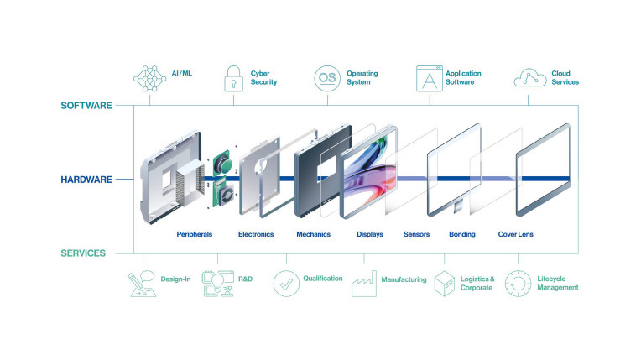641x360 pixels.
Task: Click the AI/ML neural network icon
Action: tap(149, 79)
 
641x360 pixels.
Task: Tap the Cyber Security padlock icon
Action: tap(233, 79)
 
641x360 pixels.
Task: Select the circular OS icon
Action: tap(327, 78)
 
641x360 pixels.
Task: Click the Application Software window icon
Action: tap(430, 79)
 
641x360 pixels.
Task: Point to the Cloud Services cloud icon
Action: tap(529, 78)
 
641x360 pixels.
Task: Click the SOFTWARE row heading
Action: tap(86, 106)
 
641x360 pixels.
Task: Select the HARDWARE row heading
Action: tap(86, 180)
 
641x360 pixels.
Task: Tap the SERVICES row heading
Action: tap(83, 253)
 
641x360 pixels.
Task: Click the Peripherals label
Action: tap(194, 234)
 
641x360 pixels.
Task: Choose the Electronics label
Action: tap(256, 234)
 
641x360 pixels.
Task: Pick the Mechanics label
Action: tap(313, 234)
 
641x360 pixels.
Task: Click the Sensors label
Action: tap(417, 234)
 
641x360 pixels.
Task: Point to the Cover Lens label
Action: tap(515, 234)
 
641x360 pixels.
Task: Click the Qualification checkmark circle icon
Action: tap(286, 284)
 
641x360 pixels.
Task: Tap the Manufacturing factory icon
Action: tap(364, 284)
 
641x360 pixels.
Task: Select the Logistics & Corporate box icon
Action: tap(445, 284)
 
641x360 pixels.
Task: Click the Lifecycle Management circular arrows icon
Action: tap(518, 284)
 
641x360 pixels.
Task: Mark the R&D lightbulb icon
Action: tap(217, 284)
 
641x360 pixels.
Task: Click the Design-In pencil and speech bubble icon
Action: tap(142, 284)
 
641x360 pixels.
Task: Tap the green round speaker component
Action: tap(223, 164)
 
